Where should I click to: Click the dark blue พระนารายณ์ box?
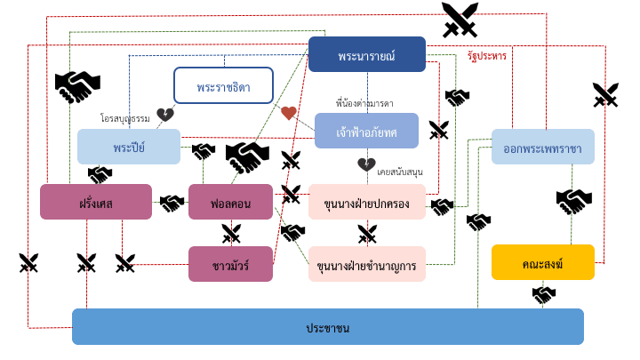point(366,54)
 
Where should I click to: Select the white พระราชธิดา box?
point(223,86)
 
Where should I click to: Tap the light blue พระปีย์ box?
point(129,147)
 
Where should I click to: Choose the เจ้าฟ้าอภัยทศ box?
point(366,131)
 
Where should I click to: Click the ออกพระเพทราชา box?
point(542,147)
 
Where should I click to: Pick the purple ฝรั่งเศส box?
point(95,202)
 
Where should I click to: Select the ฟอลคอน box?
point(230,202)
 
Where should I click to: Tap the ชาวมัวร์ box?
point(230,263)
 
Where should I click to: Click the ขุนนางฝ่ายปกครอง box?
point(366,202)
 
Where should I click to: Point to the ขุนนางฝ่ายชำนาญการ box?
point(366,264)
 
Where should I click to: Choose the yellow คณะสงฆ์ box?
point(542,262)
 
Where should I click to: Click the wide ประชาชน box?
point(327,326)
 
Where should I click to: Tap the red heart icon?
point(288,113)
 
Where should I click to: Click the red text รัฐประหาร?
point(486,56)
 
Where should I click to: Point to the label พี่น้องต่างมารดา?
point(364,103)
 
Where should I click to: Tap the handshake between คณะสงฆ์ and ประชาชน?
point(544,294)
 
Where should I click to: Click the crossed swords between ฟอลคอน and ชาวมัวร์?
point(231,233)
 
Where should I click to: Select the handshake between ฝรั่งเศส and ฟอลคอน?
point(172,203)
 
